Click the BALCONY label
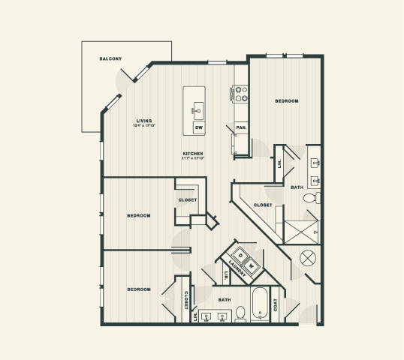click(x=110, y=58)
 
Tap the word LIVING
click(x=144, y=120)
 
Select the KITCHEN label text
click(x=193, y=154)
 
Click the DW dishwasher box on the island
click(x=199, y=128)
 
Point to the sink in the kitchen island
click(x=198, y=111)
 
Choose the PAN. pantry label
click(x=241, y=128)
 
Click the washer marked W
click(x=252, y=263)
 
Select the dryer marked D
click(x=241, y=253)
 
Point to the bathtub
click(x=260, y=304)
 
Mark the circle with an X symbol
click(x=309, y=259)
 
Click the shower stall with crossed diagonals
click(x=302, y=232)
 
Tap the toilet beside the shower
click(x=312, y=198)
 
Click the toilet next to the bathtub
click(x=241, y=313)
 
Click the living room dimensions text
click(x=144, y=125)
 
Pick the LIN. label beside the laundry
click(x=225, y=277)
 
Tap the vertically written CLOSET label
click(x=186, y=300)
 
